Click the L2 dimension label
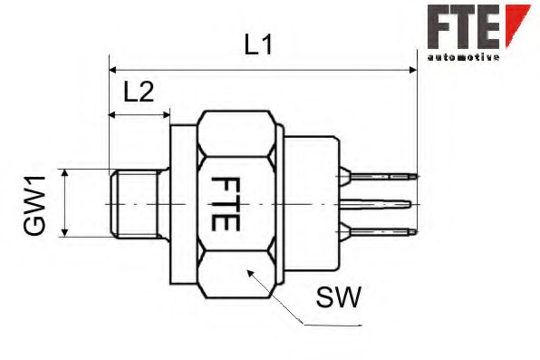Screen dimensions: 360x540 138,91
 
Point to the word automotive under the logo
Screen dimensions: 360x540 463,57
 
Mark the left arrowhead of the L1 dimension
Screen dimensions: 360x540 113,69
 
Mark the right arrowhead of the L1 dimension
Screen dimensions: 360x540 412,69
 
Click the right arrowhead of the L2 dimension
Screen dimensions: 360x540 165,115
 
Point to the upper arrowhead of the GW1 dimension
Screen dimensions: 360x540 65,173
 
